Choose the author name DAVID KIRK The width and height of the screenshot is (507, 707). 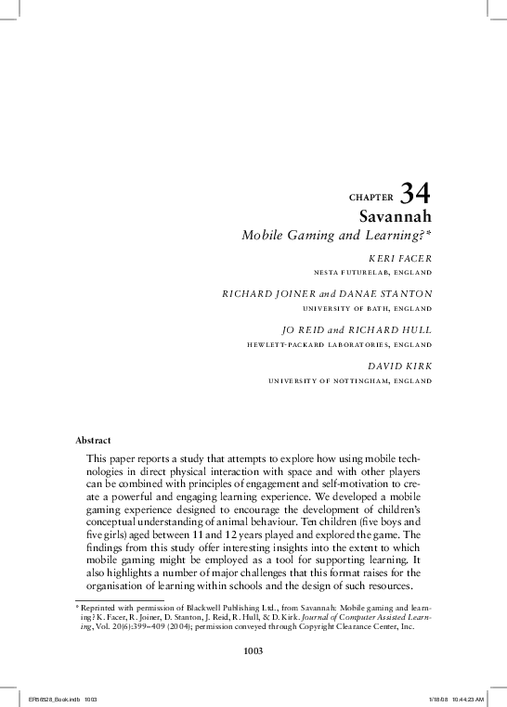(x=399, y=365)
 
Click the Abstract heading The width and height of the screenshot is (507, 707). (x=94, y=439)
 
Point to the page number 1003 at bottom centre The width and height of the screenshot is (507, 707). (x=253, y=650)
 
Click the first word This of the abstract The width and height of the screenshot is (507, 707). (x=96, y=458)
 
